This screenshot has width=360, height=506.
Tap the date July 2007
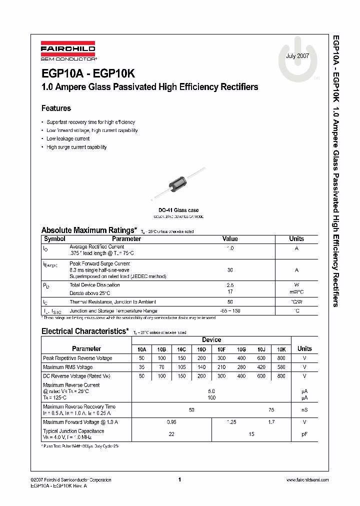(x=297, y=56)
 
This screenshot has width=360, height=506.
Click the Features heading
(x=56, y=108)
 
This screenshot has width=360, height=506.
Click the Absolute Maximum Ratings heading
(x=88, y=230)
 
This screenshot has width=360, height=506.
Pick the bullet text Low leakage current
(x=68, y=139)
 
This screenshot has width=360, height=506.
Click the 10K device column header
(x=281, y=349)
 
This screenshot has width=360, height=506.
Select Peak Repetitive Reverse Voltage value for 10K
(x=281, y=358)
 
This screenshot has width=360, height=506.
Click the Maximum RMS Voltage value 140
(x=201, y=367)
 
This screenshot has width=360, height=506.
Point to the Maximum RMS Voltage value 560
(x=281, y=367)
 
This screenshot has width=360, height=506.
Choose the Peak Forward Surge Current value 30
(x=230, y=270)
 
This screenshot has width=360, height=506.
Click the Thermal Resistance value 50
(x=230, y=302)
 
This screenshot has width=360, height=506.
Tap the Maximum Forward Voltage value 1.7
(x=271, y=422)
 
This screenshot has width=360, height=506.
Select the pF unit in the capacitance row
(x=304, y=434)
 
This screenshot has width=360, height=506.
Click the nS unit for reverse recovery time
(x=304, y=410)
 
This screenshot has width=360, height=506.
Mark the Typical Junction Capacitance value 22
(x=171, y=434)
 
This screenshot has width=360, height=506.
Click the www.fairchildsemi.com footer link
(x=306, y=479)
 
